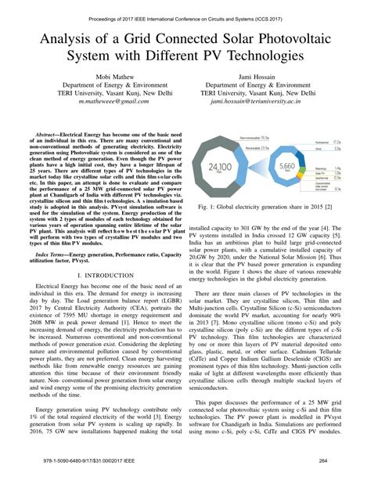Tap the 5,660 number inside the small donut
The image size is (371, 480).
[287, 167]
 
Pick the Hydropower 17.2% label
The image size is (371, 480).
[335, 144]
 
